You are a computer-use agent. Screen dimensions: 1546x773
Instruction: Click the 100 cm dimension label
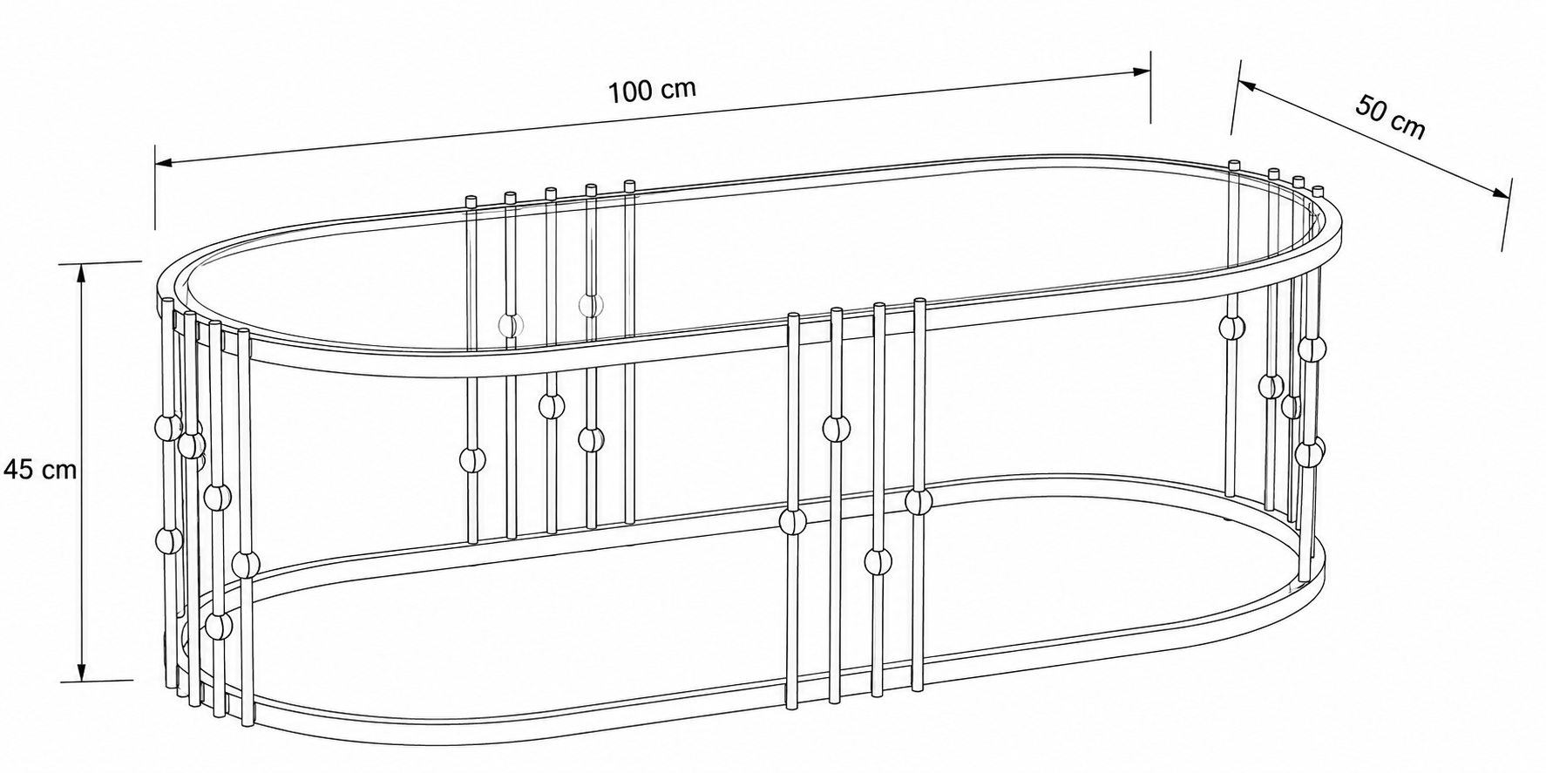coord(652,91)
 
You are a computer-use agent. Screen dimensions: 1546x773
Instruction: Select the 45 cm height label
coord(40,471)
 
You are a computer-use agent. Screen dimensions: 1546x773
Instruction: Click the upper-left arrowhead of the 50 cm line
coord(1245,85)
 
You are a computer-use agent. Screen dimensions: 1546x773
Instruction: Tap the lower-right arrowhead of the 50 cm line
coord(1501,195)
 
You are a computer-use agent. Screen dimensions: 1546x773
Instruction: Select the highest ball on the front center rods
coord(836,428)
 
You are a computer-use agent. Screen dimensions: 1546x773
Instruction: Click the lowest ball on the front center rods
coord(878,561)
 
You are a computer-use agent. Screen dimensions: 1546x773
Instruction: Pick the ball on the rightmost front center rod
coord(919,502)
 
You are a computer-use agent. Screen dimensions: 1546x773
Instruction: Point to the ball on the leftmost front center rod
coord(793,522)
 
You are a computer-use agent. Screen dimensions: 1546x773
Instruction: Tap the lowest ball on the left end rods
coord(219,626)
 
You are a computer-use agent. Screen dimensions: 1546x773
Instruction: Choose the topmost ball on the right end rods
coord(1232,327)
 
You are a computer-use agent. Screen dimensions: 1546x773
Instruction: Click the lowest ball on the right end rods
coord(1308,453)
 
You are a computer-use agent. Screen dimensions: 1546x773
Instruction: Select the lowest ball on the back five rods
coord(471,459)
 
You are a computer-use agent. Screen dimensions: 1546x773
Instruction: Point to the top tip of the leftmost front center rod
coord(793,315)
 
